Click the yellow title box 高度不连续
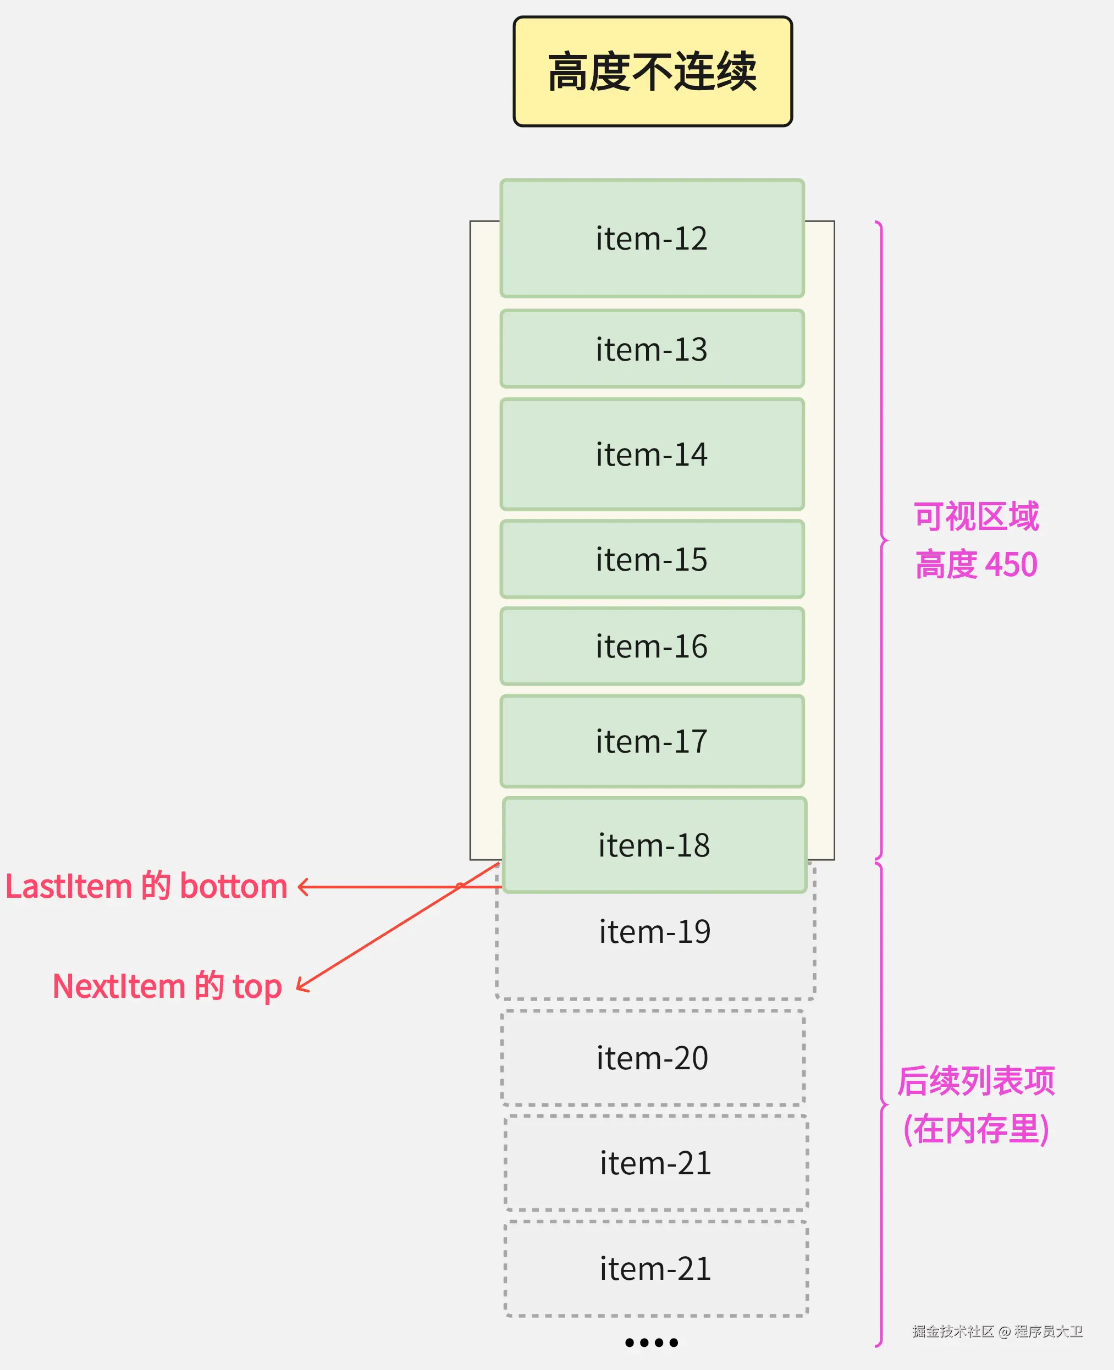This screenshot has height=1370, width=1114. click(653, 71)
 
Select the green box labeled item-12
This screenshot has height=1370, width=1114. click(652, 238)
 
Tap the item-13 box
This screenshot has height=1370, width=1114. click(652, 349)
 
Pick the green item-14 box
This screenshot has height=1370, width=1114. click(652, 454)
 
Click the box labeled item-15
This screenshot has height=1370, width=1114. click(652, 559)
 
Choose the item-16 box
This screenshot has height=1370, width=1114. click(652, 646)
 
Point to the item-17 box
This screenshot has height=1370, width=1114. click(652, 741)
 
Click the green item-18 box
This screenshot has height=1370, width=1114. click(654, 844)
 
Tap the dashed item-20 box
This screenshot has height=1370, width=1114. click(653, 1058)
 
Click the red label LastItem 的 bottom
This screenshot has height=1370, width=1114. click(146, 887)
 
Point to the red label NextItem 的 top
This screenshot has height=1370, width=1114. click(167, 986)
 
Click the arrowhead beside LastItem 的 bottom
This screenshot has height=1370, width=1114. click(302, 887)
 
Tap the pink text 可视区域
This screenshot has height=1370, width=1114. click(975, 517)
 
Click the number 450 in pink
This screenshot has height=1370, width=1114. click(1011, 565)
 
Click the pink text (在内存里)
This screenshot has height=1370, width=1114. click(975, 1129)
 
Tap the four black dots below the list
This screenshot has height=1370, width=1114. click(652, 1343)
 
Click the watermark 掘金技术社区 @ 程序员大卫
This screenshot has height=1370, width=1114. click(997, 1332)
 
